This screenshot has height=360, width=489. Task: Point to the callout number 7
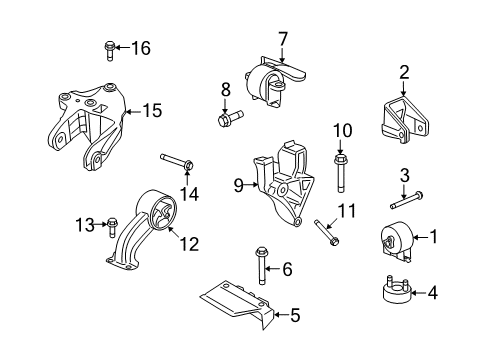283,39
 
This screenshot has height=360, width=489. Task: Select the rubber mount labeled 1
398,241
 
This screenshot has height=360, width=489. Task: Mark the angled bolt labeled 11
326,233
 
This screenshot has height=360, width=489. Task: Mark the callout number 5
294,317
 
